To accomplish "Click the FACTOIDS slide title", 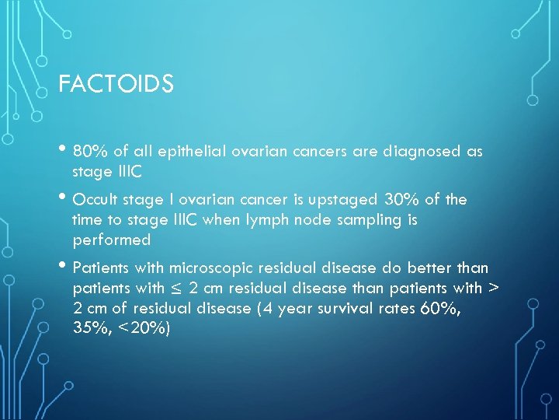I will point(116,83).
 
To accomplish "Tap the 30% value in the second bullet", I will point(383,200).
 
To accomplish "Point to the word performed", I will point(111,240).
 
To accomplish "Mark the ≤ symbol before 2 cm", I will point(176,289).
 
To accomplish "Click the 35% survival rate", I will point(88,329).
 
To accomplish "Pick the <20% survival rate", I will point(142,329).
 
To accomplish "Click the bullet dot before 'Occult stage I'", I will point(64,198).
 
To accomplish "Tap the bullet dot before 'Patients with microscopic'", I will point(64,267).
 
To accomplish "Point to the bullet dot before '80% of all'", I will point(64,150).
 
